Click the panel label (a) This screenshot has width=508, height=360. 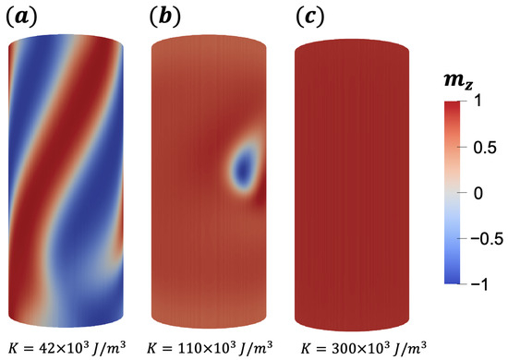tap(19, 18)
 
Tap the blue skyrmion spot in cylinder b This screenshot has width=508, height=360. tap(244, 162)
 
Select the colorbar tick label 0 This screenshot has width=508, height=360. tap(477, 194)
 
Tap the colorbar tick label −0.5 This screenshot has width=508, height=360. tap(486, 240)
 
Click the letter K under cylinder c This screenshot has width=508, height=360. tap(307, 346)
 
